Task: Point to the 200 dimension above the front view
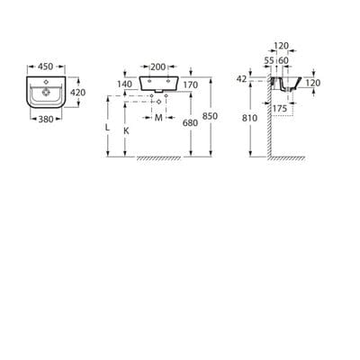point(158,67)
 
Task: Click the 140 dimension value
point(124,85)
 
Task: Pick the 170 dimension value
point(189,85)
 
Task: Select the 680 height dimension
point(189,122)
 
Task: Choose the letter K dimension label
point(125,130)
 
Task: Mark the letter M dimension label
point(158,118)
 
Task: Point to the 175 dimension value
point(279,108)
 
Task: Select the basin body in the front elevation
point(158,85)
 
